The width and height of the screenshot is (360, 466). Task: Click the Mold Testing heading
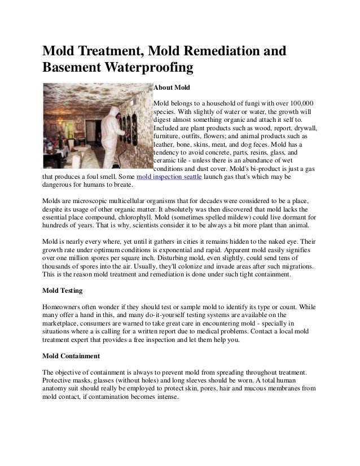click(63, 291)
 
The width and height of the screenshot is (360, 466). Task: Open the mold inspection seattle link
click(165, 177)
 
